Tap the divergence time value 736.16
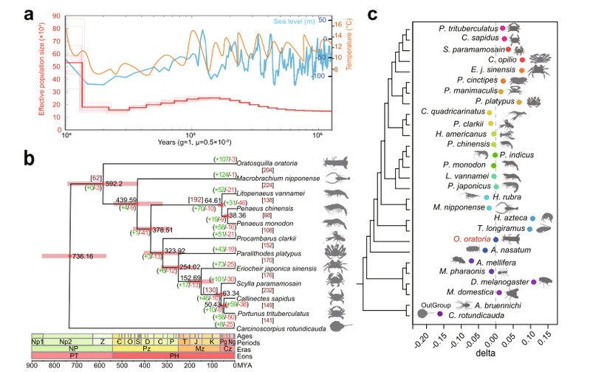coord(85,257)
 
